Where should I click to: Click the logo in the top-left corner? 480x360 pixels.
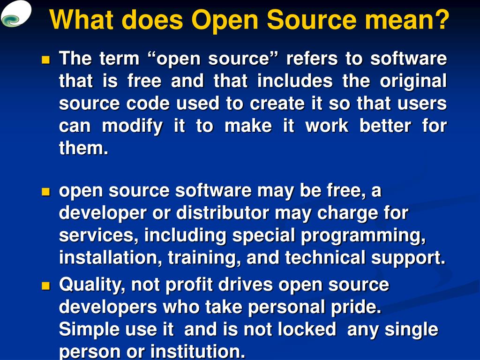(16, 14)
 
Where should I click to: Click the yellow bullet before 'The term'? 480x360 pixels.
(45, 60)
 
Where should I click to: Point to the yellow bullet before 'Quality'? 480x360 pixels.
(45, 285)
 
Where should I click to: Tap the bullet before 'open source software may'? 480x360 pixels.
(45, 192)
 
